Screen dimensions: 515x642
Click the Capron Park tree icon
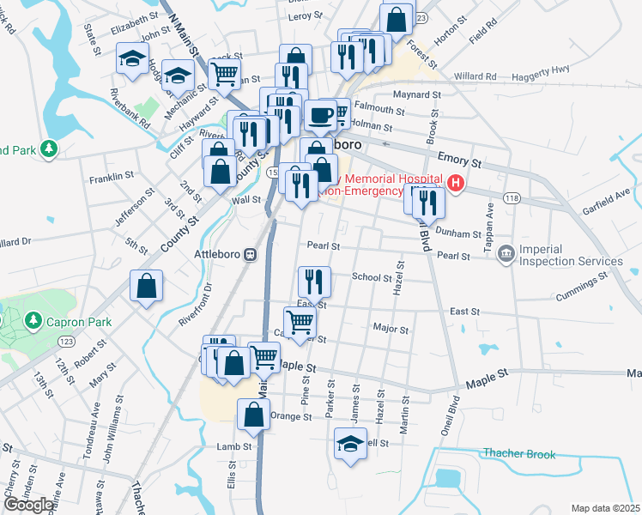[33, 320]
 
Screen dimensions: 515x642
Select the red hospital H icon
[455, 182]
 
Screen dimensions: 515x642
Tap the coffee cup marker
[321, 114]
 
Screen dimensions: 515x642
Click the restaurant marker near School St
[313, 280]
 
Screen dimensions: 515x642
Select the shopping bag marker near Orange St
[255, 415]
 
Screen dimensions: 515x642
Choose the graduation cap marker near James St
[350, 444]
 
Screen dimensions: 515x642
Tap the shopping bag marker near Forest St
[396, 19]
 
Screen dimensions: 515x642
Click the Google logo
[28, 505]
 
